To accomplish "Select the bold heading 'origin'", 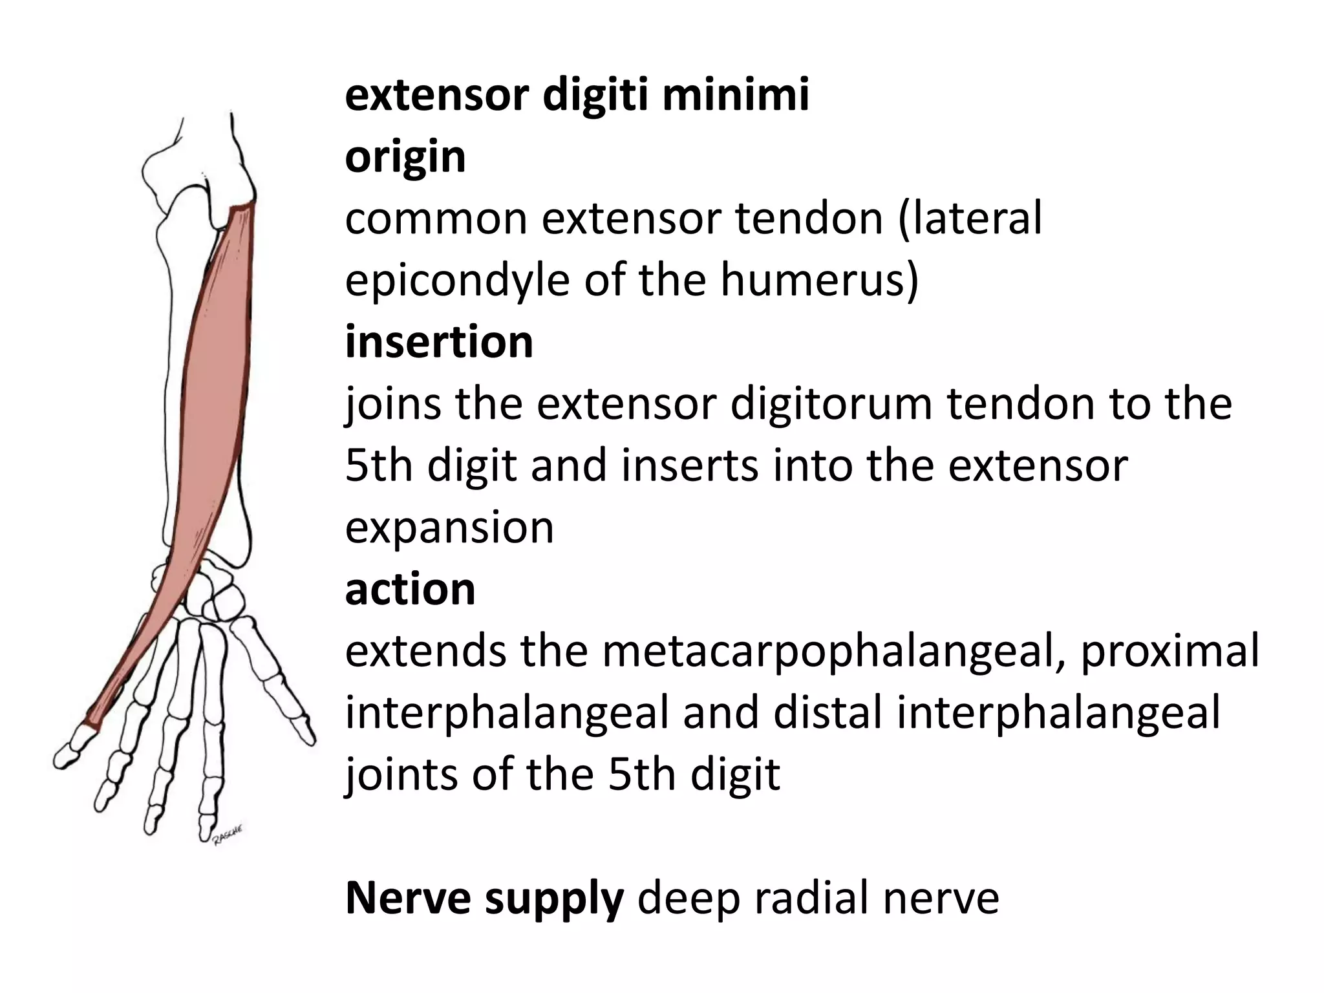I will (405, 156).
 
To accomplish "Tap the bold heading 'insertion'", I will (439, 342).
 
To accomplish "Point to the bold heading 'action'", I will (410, 589).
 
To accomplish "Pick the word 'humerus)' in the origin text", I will (819, 281).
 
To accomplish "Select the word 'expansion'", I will (449, 527).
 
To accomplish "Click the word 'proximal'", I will (1169, 650).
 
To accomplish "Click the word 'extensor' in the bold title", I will (437, 95).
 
